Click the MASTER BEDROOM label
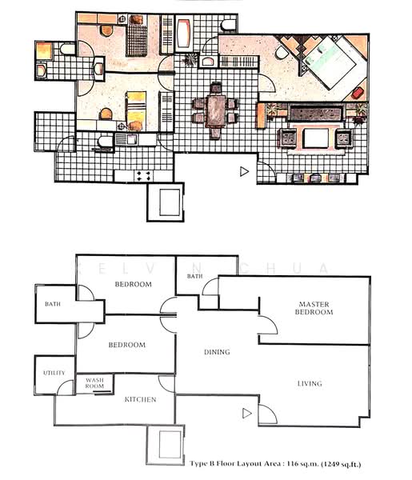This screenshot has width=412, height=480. pos(314,308)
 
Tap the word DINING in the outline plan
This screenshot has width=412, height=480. pos(217,352)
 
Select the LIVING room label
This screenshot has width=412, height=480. pos(310,383)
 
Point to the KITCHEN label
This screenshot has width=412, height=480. pos(141,399)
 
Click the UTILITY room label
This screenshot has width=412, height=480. pos(54,373)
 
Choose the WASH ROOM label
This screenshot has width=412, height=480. pos(94,383)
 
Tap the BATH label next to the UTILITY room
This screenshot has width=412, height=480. pos(53,304)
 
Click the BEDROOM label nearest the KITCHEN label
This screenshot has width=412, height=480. pos(127,345)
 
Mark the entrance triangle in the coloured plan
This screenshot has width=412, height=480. pos(244,171)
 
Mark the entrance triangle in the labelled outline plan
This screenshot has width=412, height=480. pos(246,414)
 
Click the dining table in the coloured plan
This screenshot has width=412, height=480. pos(215,111)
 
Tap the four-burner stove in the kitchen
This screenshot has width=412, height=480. pos(143,176)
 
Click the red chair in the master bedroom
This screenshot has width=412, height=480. pos(358,93)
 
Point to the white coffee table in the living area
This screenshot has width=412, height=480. pos(316,138)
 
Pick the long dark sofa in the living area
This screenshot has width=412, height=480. pos(317,114)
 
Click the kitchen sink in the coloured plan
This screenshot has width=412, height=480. pos(127,139)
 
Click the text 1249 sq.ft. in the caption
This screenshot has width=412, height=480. pos(341,464)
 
